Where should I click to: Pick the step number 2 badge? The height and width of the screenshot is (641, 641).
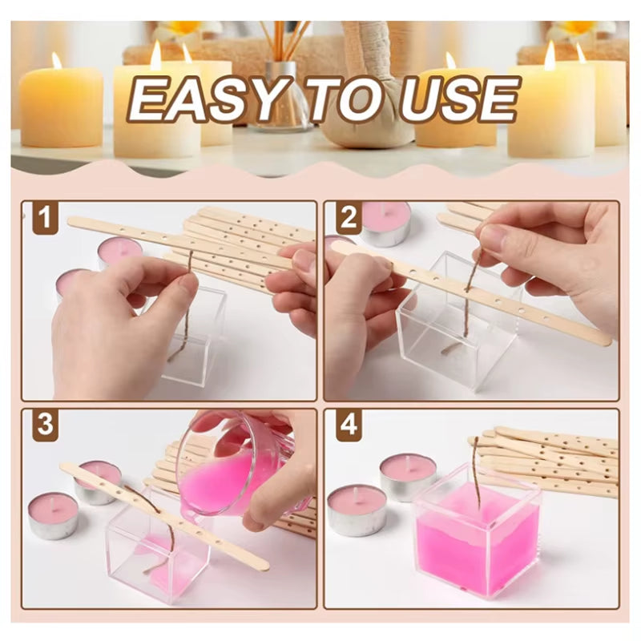pos(349,218)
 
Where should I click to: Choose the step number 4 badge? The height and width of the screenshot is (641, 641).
pos(349,425)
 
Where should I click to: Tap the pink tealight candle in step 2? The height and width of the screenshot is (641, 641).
pos(385,223)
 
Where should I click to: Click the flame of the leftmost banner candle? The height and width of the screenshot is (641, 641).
pos(57,60)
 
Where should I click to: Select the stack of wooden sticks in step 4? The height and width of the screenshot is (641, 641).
pos(553,461)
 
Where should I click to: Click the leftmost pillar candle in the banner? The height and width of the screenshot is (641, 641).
pos(61,108)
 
